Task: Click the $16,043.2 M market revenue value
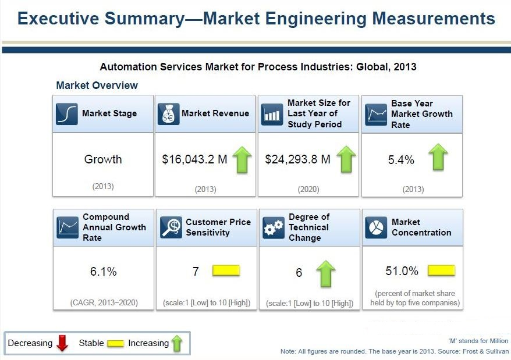click(194, 159)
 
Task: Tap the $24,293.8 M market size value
click(297, 159)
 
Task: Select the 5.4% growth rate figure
click(401, 160)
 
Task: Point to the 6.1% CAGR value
click(103, 272)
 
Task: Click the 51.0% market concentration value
click(402, 271)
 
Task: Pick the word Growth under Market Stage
click(103, 159)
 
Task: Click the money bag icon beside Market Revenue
click(168, 114)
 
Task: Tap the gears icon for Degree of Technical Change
click(274, 227)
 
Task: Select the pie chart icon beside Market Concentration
click(376, 227)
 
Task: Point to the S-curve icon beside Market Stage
click(67, 114)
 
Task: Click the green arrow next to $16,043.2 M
click(242, 159)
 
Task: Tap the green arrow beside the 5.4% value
click(438, 157)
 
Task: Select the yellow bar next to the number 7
click(226, 271)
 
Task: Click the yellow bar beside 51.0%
click(441, 271)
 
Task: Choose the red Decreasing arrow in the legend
click(63, 344)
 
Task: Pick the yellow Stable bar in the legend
click(115, 344)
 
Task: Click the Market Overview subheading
click(97, 85)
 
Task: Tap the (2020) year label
click(308, 189)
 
